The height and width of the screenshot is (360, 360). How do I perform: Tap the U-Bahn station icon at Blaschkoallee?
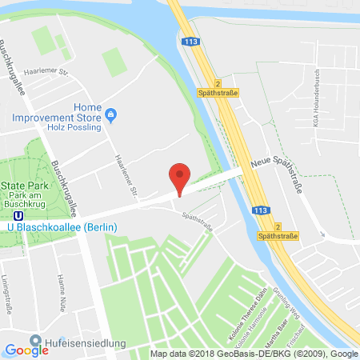click(x=6, y=213)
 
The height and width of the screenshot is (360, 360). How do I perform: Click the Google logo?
click(x=26, y=349)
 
